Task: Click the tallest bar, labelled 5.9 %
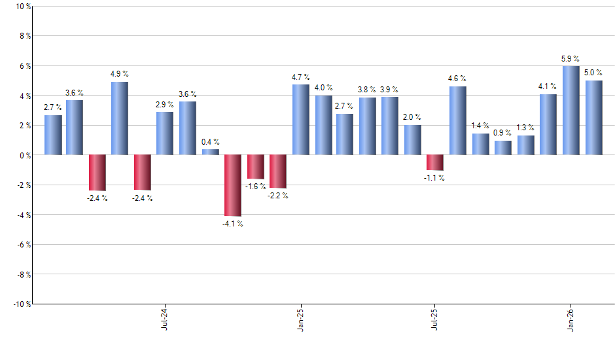[571, 111]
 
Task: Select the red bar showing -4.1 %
[233, 185]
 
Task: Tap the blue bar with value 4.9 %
[120, 118]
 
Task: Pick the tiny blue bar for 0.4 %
[210, 152]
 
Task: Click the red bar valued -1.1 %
[435, 162]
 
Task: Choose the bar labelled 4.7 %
[300, 120]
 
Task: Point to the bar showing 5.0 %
[593, 118]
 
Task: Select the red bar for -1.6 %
[255, 167]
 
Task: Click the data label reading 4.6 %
[457, 79]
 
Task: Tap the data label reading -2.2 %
[278, 196]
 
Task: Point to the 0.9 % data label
[503, 133]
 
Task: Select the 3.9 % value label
[390, 89]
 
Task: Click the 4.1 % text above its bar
[548, 86]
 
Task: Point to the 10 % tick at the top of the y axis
[22, 7]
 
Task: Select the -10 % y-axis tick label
[21, 304]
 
